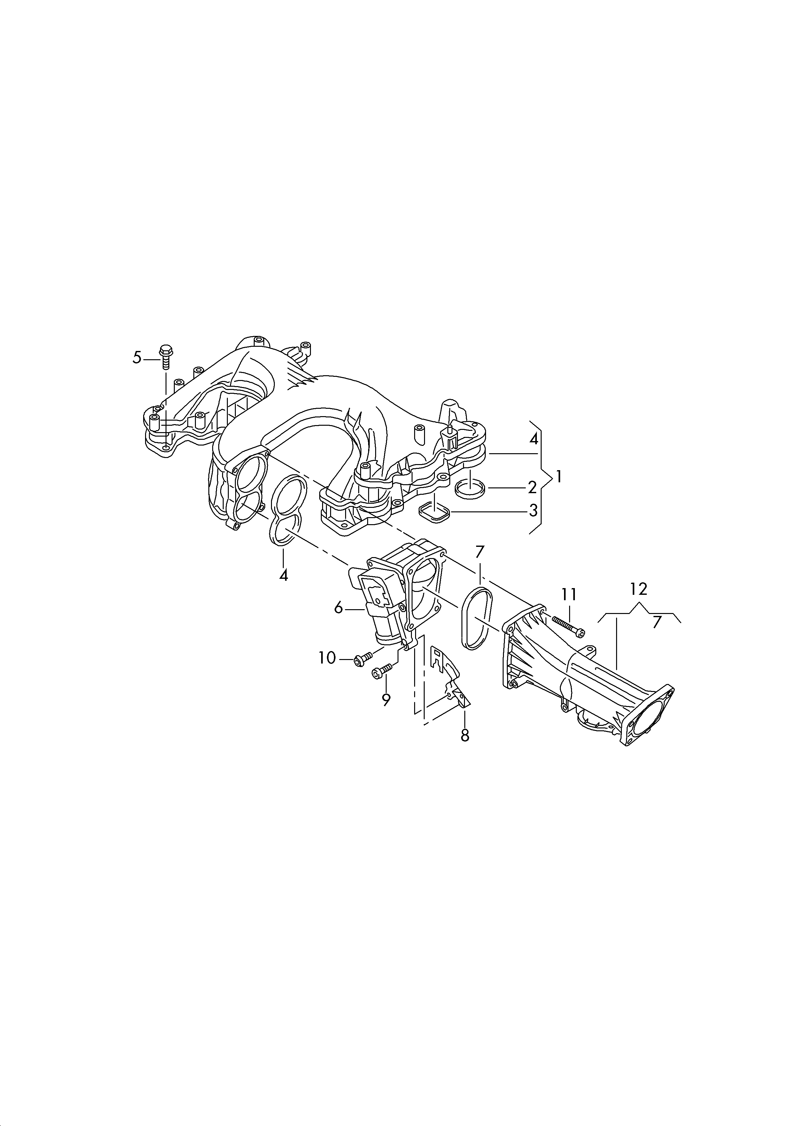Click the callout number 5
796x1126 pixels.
[137, 358]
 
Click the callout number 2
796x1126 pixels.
[532, 488]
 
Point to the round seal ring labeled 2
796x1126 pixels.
[470, 489]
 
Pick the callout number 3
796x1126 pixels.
[533, 511]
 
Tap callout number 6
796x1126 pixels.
[338, 609]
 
